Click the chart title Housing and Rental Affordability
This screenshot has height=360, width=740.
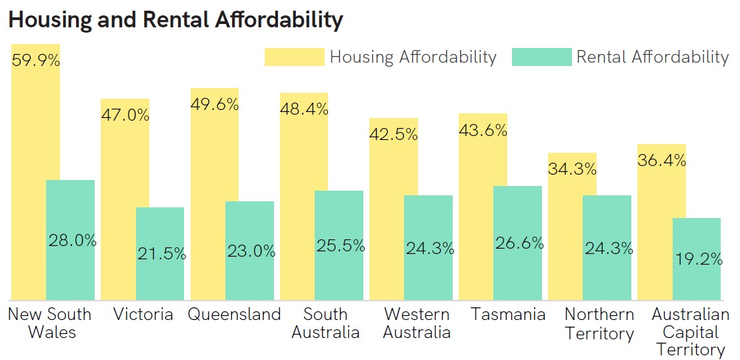click(x=175, y=20)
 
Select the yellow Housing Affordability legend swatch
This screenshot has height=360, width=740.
click(x=295, y=57)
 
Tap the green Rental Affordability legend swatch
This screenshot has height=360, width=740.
click(x=541, y=57)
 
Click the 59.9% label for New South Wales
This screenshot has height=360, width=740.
click(x=36, y=61)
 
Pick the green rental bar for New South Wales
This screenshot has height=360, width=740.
click(x=70, y=240)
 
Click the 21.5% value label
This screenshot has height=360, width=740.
click(x=162, y=254)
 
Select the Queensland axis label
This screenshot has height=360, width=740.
click(x=234, y=314)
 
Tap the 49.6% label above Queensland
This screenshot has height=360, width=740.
click(x=215, y=104)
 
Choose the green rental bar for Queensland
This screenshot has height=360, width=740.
click(x=249, y=251)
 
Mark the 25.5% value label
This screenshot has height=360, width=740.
click(x=341, y=245)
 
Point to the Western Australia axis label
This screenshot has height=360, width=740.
click(x=416, y=323)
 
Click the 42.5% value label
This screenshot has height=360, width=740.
click(x=393, y=134)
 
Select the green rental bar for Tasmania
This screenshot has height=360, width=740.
click(x=518, y=243)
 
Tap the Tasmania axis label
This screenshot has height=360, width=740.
click(x=508, y=314)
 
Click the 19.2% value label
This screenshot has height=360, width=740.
click(x=699, y=259)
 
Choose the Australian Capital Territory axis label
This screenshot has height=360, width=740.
click(x=691, y=332)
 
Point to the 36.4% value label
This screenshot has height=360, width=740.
click(x=661, y=160)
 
